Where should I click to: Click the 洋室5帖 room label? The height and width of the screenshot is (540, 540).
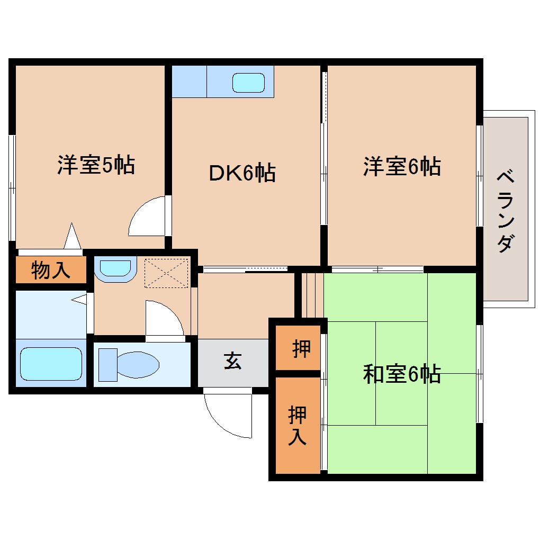[96, 166]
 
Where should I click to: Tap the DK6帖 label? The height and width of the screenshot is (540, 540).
[242, 173]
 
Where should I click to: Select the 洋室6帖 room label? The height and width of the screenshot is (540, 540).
[402, 166]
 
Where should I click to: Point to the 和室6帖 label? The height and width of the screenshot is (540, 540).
[402, 374]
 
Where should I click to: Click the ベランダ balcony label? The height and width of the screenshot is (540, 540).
[506, 211]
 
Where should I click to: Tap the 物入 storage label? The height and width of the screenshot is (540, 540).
[50, 270]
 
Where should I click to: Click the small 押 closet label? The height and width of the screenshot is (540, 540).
[301, 349]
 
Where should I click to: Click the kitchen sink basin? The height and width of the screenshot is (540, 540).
[248, 82]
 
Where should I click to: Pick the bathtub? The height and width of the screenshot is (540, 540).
[51, 364]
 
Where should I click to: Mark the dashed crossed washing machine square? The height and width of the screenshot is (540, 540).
[166, 273]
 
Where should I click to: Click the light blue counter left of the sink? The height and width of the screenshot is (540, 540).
[189, 82]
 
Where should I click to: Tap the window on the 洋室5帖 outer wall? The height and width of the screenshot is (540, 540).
[12, 188]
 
